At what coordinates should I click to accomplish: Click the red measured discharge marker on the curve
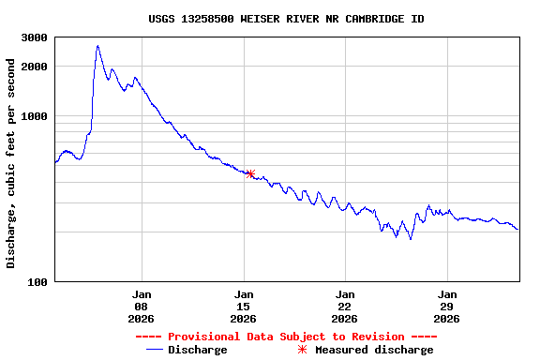pos(250,173)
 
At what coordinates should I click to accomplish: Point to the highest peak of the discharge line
pos(97,46)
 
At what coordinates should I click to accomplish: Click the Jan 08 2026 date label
pos(142,306)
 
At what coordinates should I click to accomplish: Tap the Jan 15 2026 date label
pos(244,306)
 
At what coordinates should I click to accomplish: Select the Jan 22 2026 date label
pos(345,306)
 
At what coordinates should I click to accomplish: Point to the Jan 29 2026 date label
pos(447,306)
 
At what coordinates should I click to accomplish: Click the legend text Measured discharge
pos(374,351)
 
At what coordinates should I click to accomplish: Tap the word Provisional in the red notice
pos(202,337)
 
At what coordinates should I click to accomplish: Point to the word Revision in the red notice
pos(375,337)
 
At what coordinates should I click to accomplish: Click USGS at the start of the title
pos(162,19)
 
